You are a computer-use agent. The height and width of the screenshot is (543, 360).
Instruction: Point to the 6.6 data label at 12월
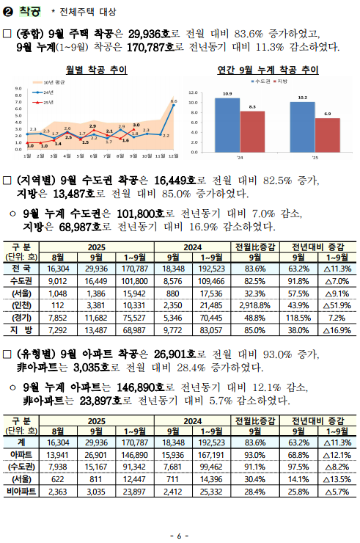point(174,101)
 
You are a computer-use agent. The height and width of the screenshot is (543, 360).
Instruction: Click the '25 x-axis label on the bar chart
point(315,157)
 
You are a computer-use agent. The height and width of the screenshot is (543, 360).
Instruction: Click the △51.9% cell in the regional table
point(337,305)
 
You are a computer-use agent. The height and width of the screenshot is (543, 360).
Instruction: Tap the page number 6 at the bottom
point(180,534)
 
